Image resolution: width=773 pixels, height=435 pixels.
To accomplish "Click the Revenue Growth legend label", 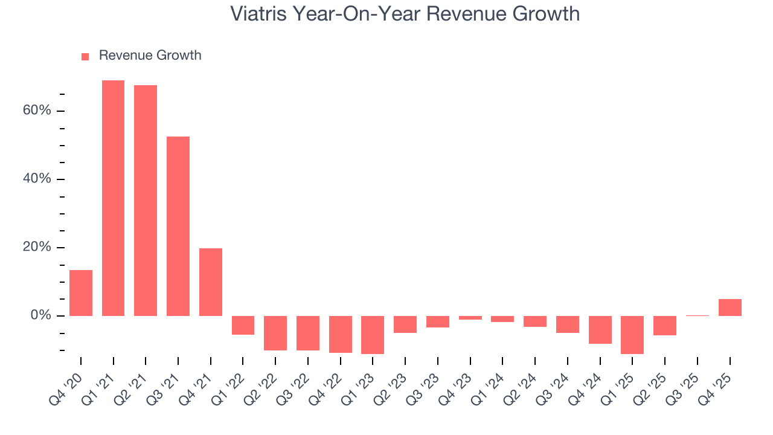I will coord(150,56).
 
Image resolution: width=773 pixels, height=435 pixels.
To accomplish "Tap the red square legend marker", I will coord(85,56).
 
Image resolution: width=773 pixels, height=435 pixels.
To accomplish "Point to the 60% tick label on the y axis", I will coord(37,111).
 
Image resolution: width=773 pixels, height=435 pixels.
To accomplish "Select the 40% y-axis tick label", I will coord(37,179).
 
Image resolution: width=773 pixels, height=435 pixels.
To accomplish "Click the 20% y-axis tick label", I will coord(37,248).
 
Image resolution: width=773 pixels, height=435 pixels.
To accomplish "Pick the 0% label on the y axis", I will coord(40,316).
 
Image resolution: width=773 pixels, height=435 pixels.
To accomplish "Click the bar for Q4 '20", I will coord(81,293).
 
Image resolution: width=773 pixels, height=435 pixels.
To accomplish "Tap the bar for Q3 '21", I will coord(178,226).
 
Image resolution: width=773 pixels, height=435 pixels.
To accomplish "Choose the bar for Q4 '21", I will coord(211,282).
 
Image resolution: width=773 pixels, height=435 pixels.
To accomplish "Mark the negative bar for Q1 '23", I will coord(373,335).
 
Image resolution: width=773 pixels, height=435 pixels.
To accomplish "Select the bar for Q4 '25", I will coord(730,308).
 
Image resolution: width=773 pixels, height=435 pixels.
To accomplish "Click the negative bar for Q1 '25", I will coord(632,335).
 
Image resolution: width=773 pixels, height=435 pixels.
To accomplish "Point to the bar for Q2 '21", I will coord(146,201).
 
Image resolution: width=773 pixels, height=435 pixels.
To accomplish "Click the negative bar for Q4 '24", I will coord(600,330).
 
